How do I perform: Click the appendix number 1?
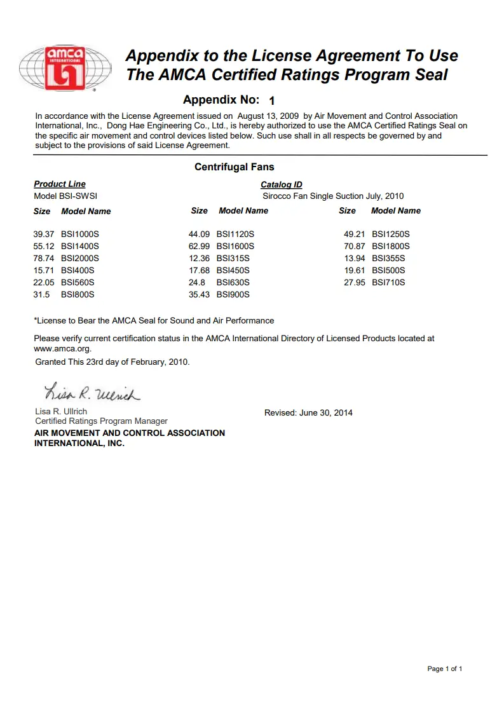tap(272, 100)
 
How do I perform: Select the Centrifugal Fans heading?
tap(234, 167)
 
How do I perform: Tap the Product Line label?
tap(60, 184)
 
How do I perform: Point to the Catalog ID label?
tap(282, 185)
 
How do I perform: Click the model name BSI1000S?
tap(80, 234)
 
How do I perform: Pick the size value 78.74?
tap(44, 258)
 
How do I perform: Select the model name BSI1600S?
tap(235, 246)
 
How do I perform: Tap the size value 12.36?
tap(199, 258)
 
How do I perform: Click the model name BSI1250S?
tap(391, 234)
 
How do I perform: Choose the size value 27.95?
tap(355, 282)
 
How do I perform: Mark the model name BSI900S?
tap(233, 294)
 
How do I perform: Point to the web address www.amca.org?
tap(62, 348)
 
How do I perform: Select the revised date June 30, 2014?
tap(325, 412)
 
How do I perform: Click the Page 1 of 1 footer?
tap(444, 669)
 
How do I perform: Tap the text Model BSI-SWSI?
tap(65, 196)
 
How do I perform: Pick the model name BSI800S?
tap(78, 294)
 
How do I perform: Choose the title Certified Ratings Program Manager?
tap(102, 421)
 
